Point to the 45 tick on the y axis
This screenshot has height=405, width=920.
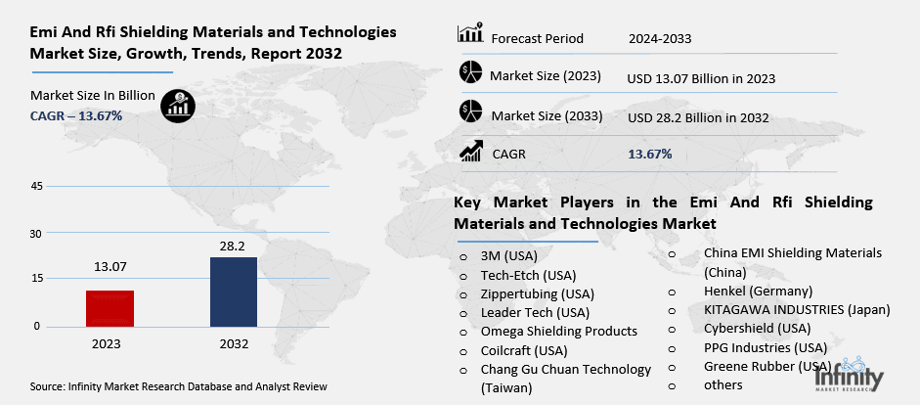click(x=36, y=186)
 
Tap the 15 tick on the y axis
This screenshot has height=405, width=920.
click(x=36, y=280)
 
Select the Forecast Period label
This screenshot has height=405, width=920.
click(x=537, y=38)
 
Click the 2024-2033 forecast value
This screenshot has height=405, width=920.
click(x=660, y=38)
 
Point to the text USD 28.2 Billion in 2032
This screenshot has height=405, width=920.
click(x=698, y=117)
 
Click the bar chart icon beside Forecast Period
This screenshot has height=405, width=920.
click(x=470, y=34)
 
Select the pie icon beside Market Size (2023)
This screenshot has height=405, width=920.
click(x=470, y=72)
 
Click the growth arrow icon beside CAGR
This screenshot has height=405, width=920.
click(x=470, y=151)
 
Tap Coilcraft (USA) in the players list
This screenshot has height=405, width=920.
click(x=525, y=350)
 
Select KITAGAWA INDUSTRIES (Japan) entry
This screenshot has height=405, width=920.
click(x=797, y=310)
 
